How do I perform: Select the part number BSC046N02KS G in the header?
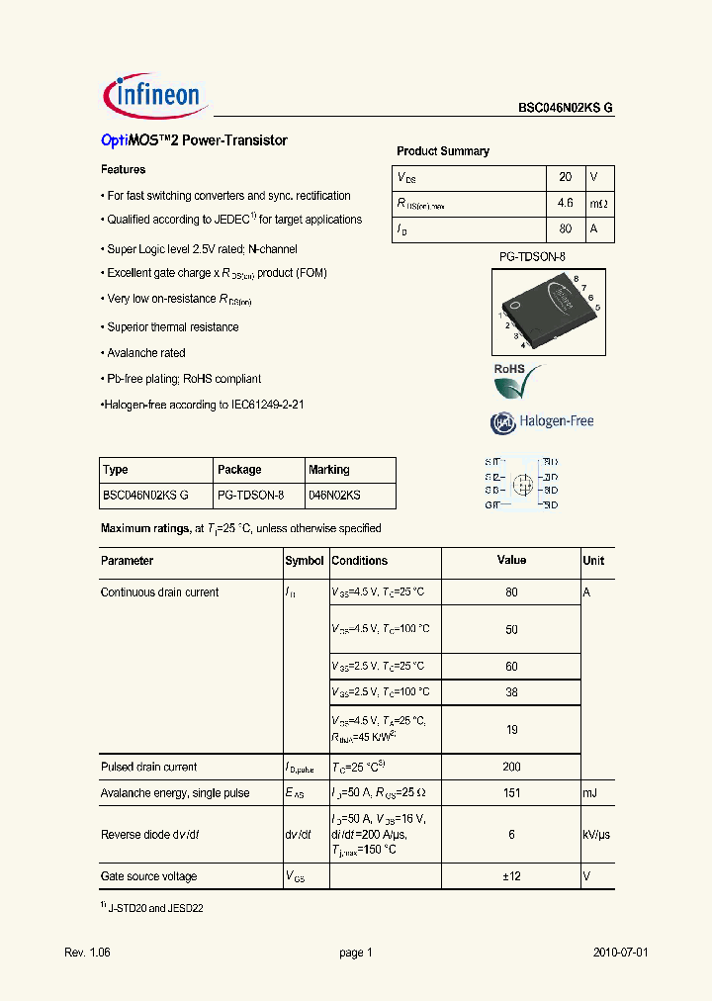[566, 110]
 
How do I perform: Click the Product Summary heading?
[442, 151]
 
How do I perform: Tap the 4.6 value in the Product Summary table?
[565, 204]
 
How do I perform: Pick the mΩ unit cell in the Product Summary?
[599, 204]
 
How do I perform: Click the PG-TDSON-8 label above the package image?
[531, 257]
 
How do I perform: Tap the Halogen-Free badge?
[542, 421]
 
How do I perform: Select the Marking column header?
[329, 470]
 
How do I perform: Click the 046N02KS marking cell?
[334, 495]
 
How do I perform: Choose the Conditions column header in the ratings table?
[359, 561]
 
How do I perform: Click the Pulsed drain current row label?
[148, 767]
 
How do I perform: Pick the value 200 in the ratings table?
[511, 767]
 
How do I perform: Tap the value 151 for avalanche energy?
[511, 793]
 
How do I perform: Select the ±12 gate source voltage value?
[511, 876]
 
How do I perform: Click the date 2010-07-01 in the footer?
[620, 953]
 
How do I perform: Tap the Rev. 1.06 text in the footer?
[88, 953]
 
